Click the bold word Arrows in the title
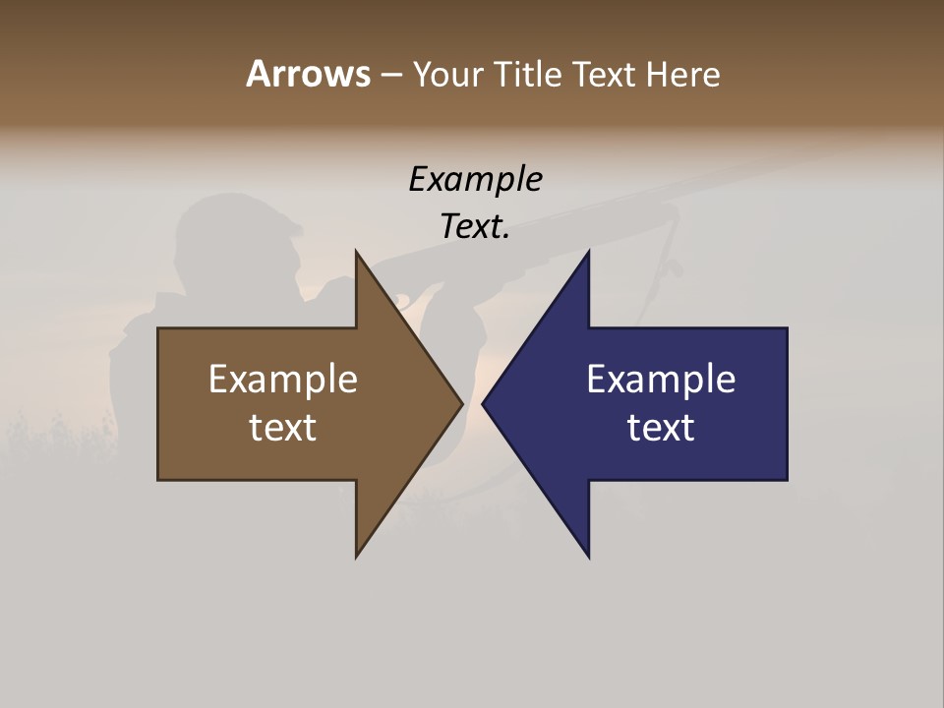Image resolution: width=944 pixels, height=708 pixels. (308, 74)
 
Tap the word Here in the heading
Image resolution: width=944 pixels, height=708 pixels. (683, 74)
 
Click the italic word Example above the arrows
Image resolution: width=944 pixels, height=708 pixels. (475, 179)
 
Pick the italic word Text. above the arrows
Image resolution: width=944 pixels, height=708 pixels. (475, 226)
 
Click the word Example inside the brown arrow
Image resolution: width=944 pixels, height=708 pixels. (283, 380)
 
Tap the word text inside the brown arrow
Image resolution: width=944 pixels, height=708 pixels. (283, 428)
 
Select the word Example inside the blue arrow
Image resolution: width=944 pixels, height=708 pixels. (661, 380)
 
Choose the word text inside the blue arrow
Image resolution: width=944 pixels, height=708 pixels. (661, 428)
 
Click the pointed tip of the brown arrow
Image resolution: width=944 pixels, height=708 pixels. (460, 403)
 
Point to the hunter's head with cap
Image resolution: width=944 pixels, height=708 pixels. (236, 236)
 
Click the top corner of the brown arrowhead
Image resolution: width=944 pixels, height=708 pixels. (357, 254)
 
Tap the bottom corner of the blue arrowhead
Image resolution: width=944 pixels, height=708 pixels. (588, 556)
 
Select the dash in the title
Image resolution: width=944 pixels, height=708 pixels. (390, 75)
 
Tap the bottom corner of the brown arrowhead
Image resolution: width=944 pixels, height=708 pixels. (357, 556)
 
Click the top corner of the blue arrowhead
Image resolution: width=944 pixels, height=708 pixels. (588, 254)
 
